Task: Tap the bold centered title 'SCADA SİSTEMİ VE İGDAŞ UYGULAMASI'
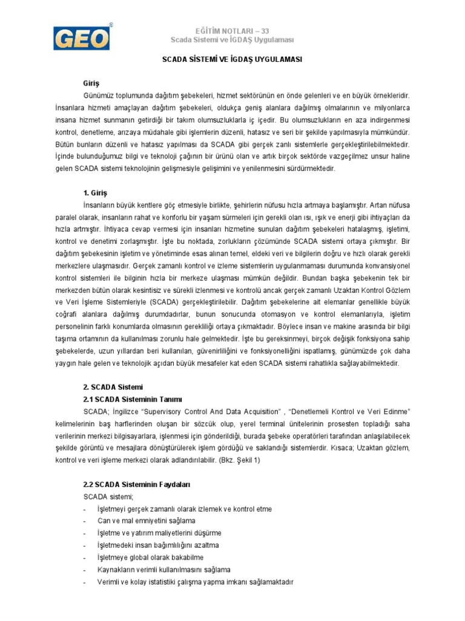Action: click(233, 61)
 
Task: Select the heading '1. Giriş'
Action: click(95, 193)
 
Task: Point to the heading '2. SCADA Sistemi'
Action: click(113, 387)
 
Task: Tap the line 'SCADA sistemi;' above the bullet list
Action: click(103, 497)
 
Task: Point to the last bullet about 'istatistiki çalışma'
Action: click(195, 582)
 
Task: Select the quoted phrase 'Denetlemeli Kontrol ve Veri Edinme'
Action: click(345, 411)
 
